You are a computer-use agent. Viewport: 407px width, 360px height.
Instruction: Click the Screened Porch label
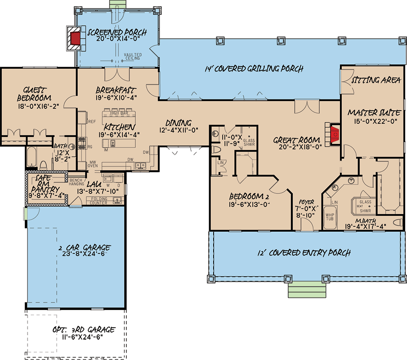[116, 32]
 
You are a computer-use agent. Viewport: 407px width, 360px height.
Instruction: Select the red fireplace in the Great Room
[334, 135]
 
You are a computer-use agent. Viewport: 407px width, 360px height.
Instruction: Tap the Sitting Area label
[376, 81]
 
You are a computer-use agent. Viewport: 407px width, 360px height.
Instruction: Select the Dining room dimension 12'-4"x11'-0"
[179, 130]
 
